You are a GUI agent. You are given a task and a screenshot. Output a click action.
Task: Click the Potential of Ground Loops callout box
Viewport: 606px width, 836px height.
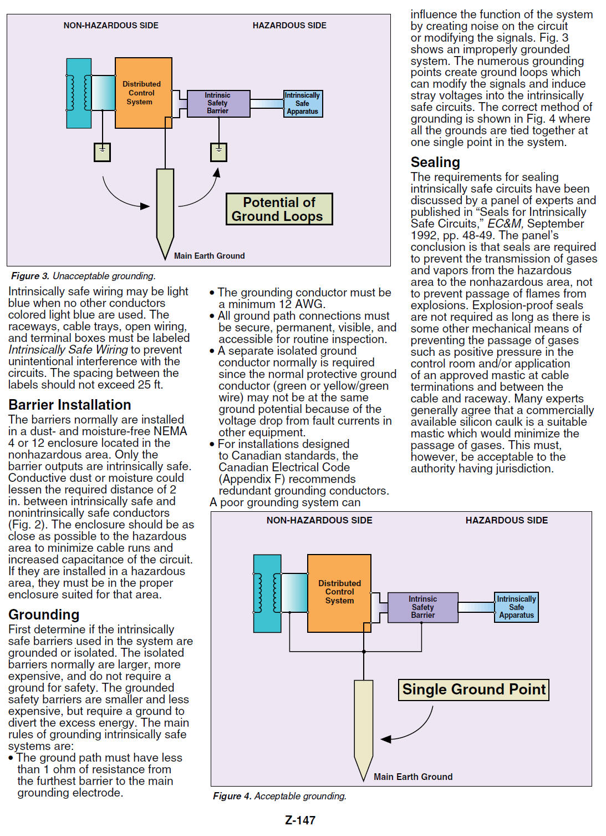(279, 209)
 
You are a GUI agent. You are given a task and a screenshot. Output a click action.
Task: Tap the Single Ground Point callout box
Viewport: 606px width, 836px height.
(473, 689)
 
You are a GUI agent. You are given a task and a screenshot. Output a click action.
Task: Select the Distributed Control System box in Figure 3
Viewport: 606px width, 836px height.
(144, 93)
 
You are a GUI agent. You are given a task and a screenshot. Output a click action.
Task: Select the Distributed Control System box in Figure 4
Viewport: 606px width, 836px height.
(339, 593)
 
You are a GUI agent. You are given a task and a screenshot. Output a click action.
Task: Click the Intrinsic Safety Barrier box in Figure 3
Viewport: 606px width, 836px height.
(218, 103)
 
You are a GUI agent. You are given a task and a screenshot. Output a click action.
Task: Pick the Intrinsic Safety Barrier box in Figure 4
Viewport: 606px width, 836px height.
(423, 607)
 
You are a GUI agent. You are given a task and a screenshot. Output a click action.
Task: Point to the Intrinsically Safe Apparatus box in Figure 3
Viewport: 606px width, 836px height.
(303, 103)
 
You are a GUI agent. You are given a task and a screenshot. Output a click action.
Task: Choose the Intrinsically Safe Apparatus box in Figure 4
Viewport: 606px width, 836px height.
(516, 607)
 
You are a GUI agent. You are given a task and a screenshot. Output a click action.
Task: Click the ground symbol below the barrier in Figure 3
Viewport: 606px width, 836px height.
(218, 152)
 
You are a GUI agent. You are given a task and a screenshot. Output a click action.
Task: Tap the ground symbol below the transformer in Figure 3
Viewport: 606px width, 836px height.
(102, 152)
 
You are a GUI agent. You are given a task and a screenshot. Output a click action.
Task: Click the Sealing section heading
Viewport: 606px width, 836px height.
(435, 162)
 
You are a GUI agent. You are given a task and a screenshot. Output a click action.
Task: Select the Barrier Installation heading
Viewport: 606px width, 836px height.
(70, 405)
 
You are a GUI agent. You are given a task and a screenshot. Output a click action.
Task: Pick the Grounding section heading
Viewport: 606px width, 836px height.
(44, 615)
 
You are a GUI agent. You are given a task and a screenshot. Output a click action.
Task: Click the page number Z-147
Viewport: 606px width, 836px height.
(300, 820)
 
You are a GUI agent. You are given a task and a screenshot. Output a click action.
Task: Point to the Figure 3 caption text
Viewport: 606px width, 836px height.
(84, 276)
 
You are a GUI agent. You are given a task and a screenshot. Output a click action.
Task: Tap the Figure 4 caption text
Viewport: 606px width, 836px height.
(279, 796)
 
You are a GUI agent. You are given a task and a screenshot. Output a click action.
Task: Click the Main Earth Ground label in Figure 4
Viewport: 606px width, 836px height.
(413, 777)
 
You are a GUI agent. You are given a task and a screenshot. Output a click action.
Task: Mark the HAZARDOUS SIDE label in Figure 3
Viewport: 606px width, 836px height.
(289, 26)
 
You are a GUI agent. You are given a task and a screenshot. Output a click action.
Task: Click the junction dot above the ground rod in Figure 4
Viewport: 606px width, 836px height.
(364, 652)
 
